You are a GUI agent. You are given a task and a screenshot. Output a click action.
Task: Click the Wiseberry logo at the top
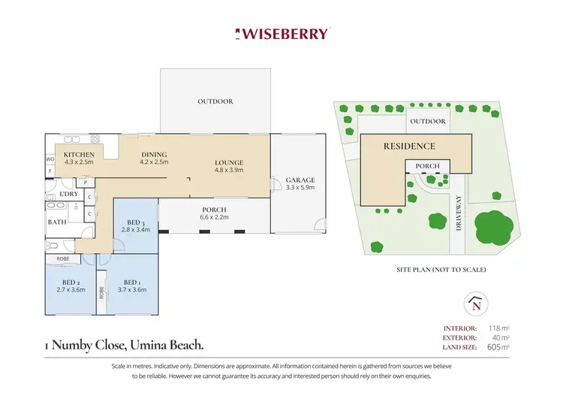tap(281, 34)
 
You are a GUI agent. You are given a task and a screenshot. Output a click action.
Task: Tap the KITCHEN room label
tap(78, 154)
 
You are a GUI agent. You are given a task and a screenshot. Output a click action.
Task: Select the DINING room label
tap(155, 154)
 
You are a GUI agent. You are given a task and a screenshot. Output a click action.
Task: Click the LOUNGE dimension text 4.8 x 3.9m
tap(229, 171)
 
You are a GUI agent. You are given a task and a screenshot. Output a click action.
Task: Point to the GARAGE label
tap(300, 180)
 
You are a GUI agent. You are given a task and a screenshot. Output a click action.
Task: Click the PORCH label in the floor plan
tap(214, 210)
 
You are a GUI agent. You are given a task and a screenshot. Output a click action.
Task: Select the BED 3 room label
tap(136, 222)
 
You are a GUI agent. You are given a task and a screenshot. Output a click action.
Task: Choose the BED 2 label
tap(67, 283)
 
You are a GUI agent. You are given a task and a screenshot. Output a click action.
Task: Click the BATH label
tap(57, 222)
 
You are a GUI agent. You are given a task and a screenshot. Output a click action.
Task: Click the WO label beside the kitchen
tap(50, 159)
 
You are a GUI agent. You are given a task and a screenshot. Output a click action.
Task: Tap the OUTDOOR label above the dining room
tap(215, 101)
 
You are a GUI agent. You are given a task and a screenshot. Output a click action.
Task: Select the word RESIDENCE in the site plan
tap(409, 146)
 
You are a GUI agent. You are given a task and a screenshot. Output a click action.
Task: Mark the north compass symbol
tap(474, 304)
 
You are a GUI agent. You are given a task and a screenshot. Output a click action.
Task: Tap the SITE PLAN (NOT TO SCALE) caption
tap(441, 269)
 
